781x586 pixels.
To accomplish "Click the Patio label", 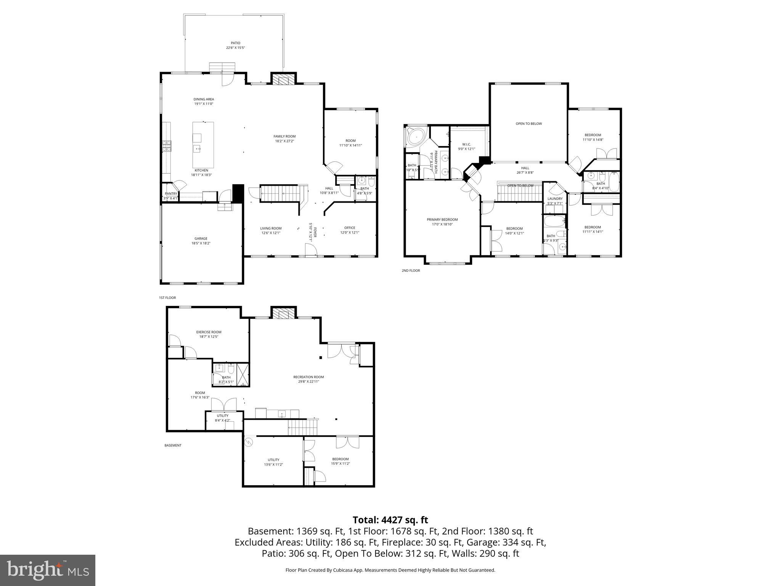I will tap(235, 43).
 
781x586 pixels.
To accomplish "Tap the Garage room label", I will tap(201, 238).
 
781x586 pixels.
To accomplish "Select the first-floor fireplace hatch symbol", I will tap(283, 79).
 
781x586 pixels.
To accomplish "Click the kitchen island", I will tap(203, 145).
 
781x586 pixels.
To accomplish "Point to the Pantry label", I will tap(171, 194).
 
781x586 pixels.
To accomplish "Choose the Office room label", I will tap(349, 228).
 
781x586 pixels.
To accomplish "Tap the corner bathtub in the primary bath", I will tap(416, 136).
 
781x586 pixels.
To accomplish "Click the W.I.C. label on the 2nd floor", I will tap(466, 144).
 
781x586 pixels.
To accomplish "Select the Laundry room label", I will tap(555, 199).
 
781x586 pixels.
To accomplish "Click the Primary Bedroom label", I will tap(442, 219).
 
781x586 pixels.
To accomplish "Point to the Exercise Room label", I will tap(209, 332).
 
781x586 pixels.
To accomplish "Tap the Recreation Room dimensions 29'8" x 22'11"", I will tap(309, 382).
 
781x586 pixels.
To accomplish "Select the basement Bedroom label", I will tap(340, 459).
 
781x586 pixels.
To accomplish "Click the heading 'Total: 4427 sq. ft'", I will tap(390, 520).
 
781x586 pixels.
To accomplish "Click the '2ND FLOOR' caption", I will tap(410, 270).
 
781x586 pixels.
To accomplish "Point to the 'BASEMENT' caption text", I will tap(173, 445).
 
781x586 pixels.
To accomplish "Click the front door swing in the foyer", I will tap(311, 251).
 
